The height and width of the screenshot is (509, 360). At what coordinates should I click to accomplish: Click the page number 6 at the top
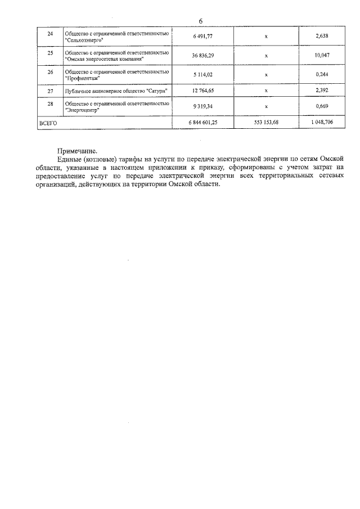(x=201, y=21)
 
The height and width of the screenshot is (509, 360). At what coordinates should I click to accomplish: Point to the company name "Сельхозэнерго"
(x=84, y=40)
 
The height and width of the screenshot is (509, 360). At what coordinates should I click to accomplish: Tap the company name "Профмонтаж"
(x=83, y=79)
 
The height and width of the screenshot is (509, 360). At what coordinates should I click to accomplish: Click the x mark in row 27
(x=266, y=91)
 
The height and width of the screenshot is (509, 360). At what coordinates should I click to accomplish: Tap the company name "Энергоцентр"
(x=84, y=110)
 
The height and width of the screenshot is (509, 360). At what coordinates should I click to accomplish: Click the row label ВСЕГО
(x=48, y=121)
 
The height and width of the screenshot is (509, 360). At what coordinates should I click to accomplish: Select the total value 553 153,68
(x=266, y=121)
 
